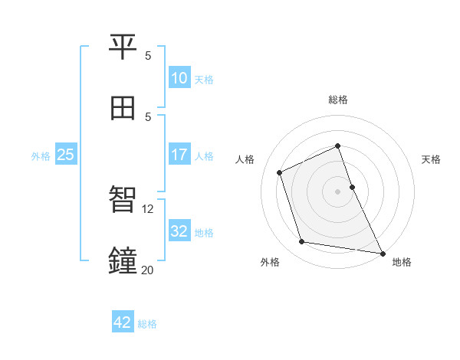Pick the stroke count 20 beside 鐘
pos(148,270)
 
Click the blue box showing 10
pos(179,78)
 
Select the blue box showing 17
pos(179,155)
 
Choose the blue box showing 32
pos(179,231)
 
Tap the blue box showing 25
pos(66,155)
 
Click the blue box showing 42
pos(123,322)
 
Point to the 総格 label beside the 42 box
pos(147,324)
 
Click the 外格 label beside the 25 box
pos(41,156)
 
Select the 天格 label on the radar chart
pos(431,159)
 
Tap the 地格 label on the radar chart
pos(402,263)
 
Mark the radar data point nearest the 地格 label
pos(382,253)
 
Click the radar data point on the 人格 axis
pos(280,172)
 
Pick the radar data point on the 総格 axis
pos(337,146)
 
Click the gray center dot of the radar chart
pos(337,191)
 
